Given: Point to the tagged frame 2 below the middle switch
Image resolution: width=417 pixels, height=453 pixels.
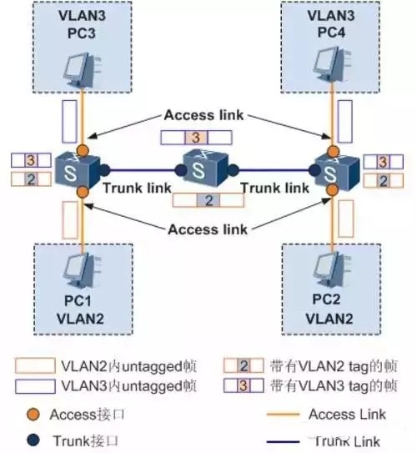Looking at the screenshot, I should coord(208,200).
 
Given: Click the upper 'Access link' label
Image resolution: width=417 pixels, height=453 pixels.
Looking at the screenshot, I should coord(202,115).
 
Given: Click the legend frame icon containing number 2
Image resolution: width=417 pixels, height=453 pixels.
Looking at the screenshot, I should coord(243,365).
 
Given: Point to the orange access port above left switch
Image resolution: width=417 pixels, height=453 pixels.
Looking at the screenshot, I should coord(81,150).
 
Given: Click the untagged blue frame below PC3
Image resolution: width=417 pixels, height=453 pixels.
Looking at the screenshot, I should coord(69,123).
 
